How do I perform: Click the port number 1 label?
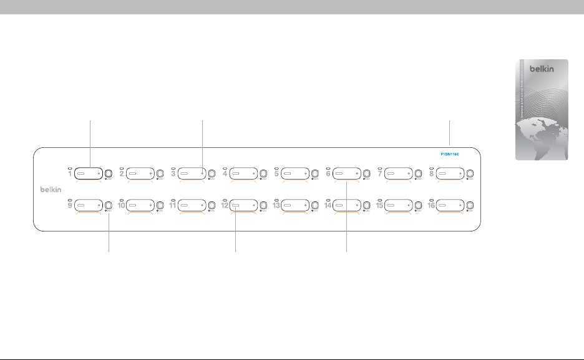point(70,174)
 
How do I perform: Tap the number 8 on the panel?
point(432,174)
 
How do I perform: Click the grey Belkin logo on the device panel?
point(47,189)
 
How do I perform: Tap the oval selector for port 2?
point(140,173)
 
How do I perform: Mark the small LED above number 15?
point(379,198)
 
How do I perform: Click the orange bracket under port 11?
point(192,213)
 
